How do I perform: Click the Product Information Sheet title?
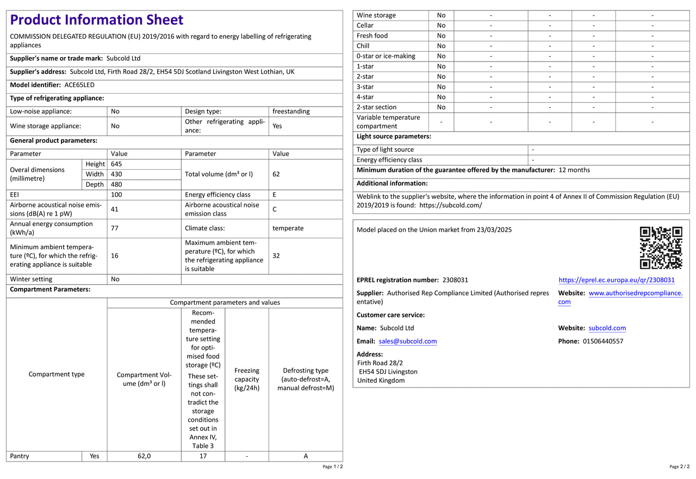[97, 20]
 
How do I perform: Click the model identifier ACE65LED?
[79, 85]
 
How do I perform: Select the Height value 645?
[116, 164]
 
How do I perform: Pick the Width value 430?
[116, 174]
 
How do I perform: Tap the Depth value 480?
[116, 185]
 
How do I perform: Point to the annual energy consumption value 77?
[115, 228]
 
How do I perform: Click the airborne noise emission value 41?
[115, 209]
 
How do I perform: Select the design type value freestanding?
[291, 111]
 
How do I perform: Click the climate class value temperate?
[288, 228]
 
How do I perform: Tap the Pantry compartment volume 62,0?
[144, 456]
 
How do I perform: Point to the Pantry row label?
[20, 456]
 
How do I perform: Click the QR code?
[661, 248]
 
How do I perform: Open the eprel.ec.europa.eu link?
[617, 280]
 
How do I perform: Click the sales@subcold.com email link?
[408, 341]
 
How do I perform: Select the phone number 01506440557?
[603, 341]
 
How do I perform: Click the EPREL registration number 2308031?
[455, 280]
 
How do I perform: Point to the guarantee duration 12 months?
[574, 170]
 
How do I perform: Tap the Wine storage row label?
[376, 15]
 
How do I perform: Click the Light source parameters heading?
[394, 136]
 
